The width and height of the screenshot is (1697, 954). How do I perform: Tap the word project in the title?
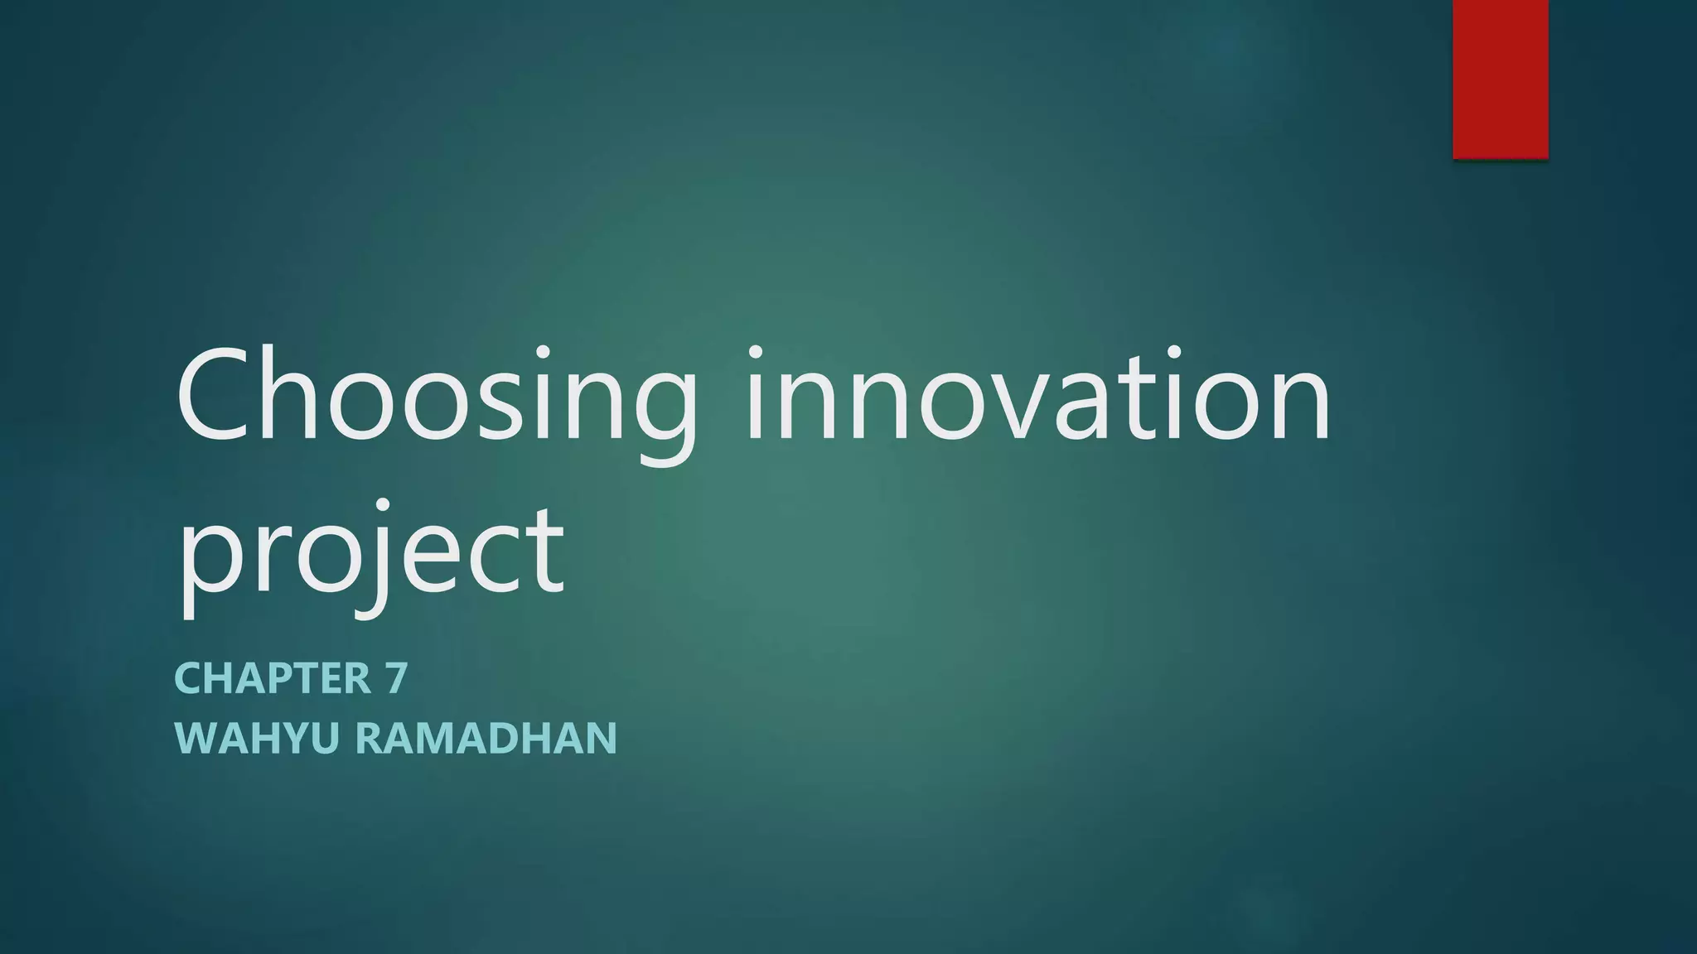click(x=370, y=551)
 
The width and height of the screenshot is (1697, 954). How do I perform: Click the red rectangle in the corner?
click(x=1500, y=79)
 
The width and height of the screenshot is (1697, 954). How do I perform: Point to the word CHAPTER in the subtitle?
click(x=273, y=678)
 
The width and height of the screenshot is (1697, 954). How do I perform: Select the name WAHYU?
click(x=257, y=738)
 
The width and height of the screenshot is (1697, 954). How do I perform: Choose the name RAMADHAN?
click(x=486, y=738)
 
